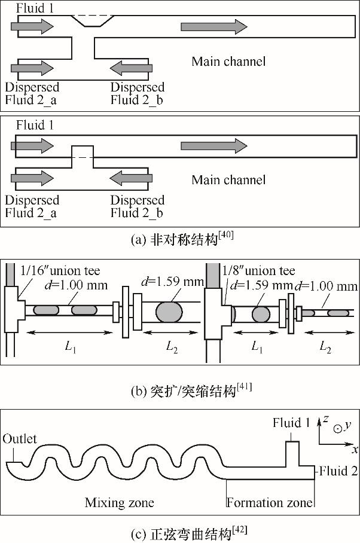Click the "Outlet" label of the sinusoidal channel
click(20, 438)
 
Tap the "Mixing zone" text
click(119, 502)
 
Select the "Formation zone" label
click(269, 502)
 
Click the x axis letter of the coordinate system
click(355, 449)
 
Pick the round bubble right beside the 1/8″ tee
click(261, 313)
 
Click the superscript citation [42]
click(241, 528)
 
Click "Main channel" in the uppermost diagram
click(228, 61)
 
